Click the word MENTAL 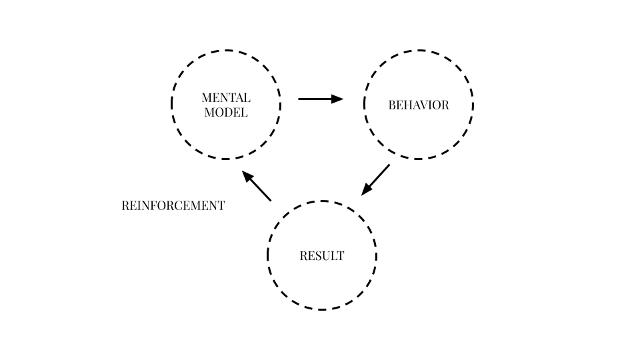226,98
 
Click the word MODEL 226,113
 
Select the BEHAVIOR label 419,105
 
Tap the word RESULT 322,256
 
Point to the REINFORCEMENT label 173,206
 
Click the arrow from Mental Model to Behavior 321,99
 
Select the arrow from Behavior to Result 376,179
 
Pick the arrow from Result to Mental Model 257,186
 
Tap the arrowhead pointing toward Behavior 338,99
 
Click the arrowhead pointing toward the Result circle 366,190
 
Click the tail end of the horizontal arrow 299,99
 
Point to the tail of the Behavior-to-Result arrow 389,165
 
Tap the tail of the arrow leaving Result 270,200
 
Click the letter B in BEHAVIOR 392,105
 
